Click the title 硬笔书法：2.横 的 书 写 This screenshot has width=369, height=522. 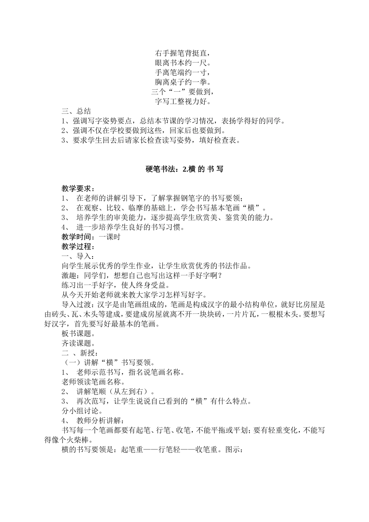pyautogui.click(x=184, y=169)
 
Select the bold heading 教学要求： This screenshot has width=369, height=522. pyautogui.click(x=78, y=189)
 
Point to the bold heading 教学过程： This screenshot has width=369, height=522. pyautogui.click(x=78, y=247)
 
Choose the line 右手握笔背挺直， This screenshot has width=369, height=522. pyautogui.click(x=184, y=53)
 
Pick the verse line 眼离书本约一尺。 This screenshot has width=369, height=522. pyautogui.click(x=184, y=63)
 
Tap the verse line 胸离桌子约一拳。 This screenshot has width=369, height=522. pyautogui.click(x=184, y=82)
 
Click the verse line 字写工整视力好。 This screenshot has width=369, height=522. pyautogui.click(x=184, y=102)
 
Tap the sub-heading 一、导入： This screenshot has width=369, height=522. pyautogui.click(x=78, y=256)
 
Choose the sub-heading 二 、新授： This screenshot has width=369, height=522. pyautogui.click(x=78, y=353)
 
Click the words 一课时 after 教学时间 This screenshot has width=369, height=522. pyautogui.click(x=110, y=237)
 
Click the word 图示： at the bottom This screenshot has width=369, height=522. pyautogui.click(x=233, y=450)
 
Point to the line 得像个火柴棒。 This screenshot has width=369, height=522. pyautogui.click(x=68, y=440)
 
